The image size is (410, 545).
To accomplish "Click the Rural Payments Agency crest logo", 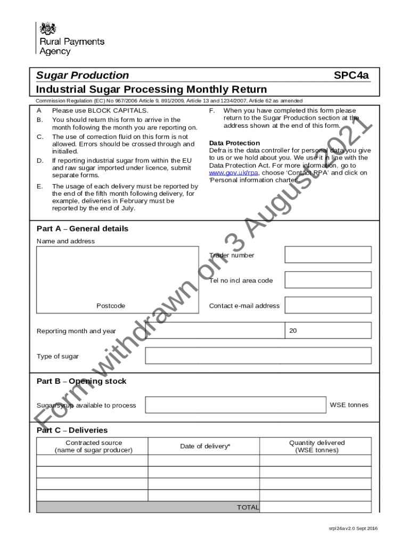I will pyautogui.click(x=48, y=29).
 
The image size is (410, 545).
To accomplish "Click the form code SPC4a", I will pyautogui.click(x=351, y=75).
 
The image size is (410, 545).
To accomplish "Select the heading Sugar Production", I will pyautogui.click(x=83, y=75).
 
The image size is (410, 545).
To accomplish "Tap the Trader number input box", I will pyautogui.click(x=327, y=254).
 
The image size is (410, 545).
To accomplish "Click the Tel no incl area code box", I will pyautogui.click(x=327, y=280).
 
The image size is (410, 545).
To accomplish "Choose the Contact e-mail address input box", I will pyautogui.click(x=327, y=305).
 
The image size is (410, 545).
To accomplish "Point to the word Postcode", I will pyautogui.click(x=111, y=306).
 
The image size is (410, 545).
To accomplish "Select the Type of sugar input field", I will pyautogui.click(x=258, y=356).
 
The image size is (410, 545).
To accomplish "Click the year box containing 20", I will pyautogui.click(x=328, y=331).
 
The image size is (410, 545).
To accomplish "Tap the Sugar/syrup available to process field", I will pyautogui.click(x=236, y=405).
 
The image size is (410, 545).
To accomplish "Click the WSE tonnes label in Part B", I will pyautogui.click(x=349, y=405).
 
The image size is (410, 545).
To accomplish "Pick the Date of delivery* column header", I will pyautogui.click(x=205, y=447).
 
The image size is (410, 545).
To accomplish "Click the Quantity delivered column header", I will pyautogui.click(x=317, y=447).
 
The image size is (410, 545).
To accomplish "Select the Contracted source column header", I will pyautogui.click(x=93, y=447).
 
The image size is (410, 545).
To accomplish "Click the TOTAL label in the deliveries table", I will pyautogui.click(x=248, y=507).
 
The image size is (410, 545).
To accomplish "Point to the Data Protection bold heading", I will pyautogui.click(x=234, y=143).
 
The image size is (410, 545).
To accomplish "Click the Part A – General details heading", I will pyautogui.click(x=83, y=229).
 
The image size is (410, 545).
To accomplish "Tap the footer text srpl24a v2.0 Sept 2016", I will pyautogui.click(x=352, y=528).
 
